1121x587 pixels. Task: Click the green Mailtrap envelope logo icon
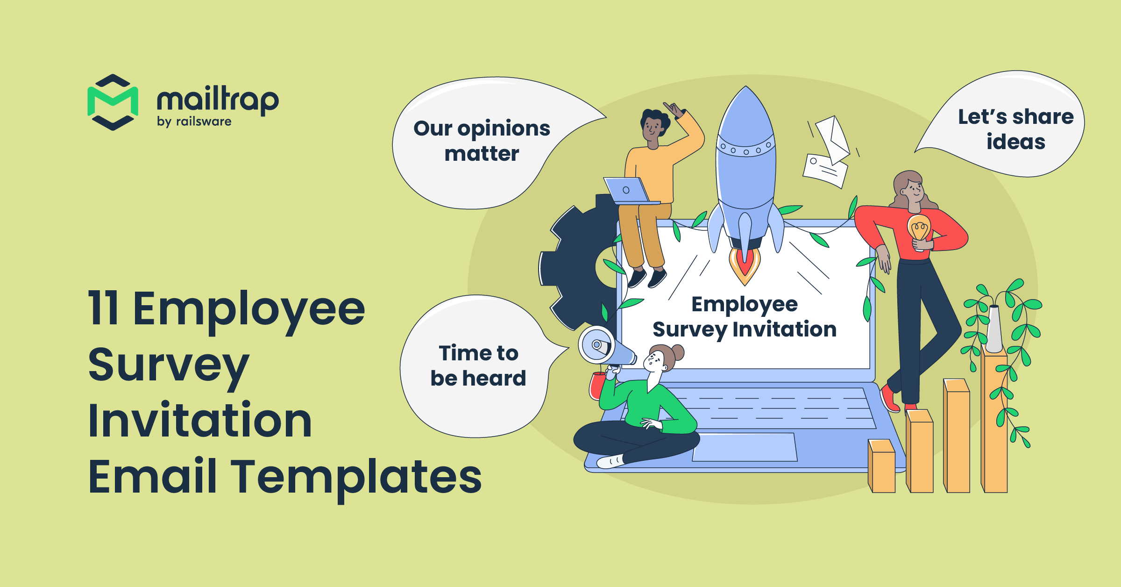[x=113, y=102]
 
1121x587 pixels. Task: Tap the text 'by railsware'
[x=194, y=122]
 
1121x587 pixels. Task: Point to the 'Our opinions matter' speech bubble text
[x=482, y=141]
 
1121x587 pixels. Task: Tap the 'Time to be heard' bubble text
[x=478, y=365]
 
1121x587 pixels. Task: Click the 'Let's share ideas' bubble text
[x=1016, y=129]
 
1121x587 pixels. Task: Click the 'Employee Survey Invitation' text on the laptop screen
[x=745, y=317]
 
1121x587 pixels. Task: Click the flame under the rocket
[x=745, y=265]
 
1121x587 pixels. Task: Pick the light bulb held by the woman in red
[x=919, y=230]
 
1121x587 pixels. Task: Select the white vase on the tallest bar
[x=993, y=329]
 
